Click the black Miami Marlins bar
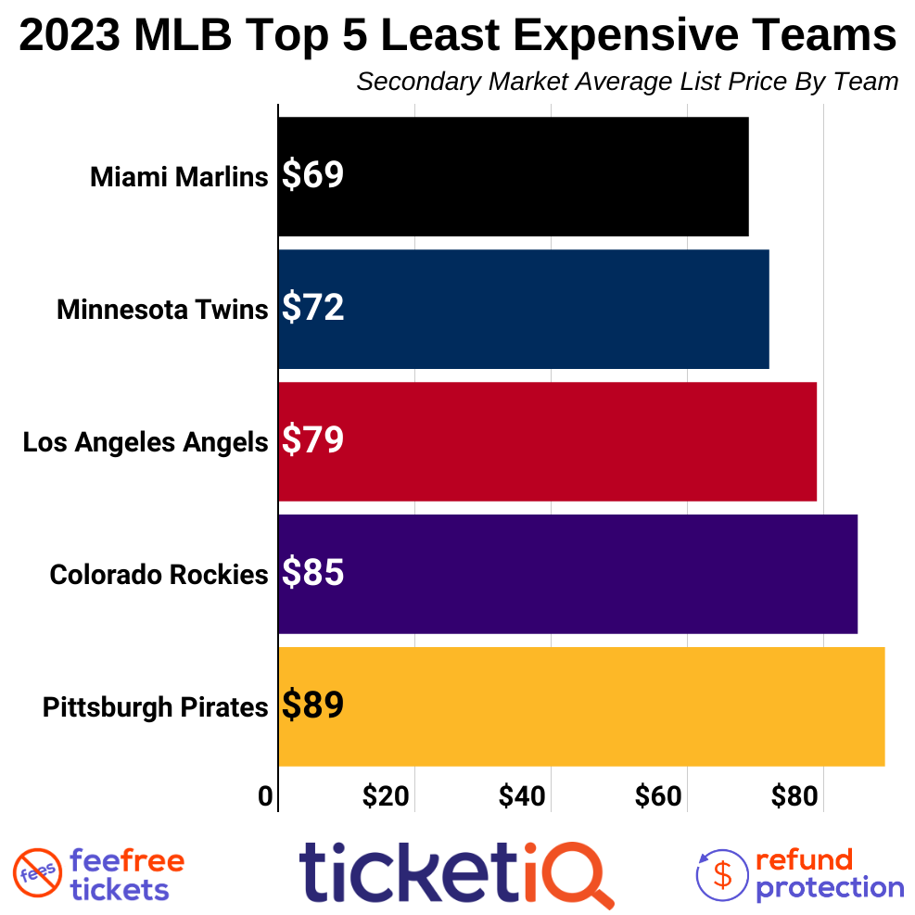pos(513,176)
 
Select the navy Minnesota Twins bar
pos(523,309)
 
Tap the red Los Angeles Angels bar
pos(547,441)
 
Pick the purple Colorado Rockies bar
pos(567,574)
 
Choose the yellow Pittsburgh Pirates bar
pos(581,706)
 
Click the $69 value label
pos(312,176)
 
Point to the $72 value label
pos(312,309)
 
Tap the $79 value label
pos(312,441)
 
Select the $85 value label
pos(312,574)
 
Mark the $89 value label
pos(312,706)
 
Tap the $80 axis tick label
pos(794,796)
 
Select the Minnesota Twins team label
pos(161,309)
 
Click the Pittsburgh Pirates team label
pos(155,707)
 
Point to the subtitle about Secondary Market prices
pos(627,82)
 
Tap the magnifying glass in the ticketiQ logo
pos(581,872)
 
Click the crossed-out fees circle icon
pos(37,872)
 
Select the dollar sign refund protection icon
pos(722,874)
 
